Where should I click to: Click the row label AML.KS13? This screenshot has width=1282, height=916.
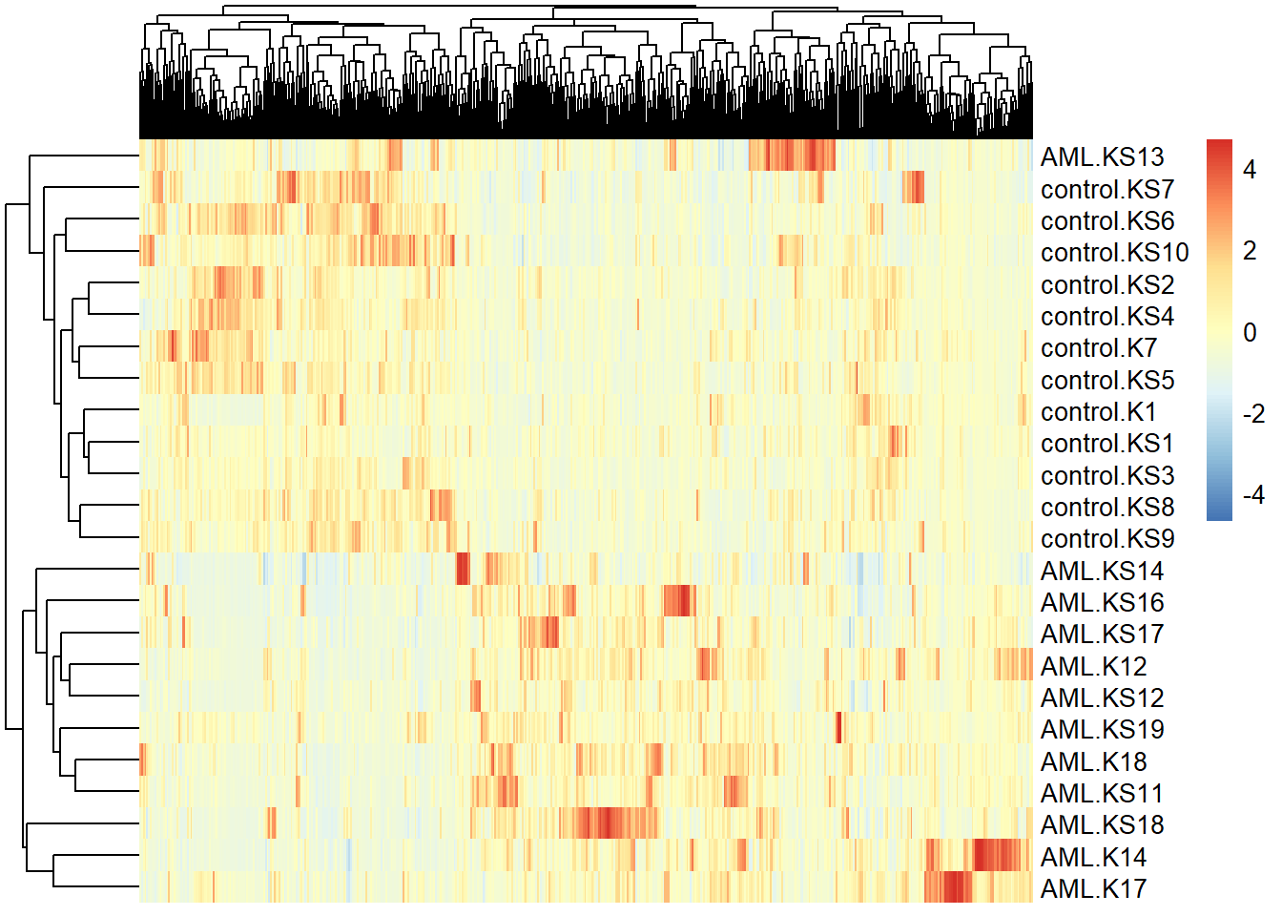1102,156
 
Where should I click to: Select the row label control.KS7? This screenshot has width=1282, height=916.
1106,189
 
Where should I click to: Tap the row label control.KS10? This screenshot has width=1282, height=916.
1114,253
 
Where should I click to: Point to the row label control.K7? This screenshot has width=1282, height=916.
1098,348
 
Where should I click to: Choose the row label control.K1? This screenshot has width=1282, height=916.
1098,412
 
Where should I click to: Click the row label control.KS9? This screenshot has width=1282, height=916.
1106,539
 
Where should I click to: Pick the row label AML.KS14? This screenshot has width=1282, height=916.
1102,572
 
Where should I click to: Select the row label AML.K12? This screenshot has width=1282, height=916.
1093,666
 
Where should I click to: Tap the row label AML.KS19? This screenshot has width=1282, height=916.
1102,730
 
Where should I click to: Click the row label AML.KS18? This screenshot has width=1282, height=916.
1102,825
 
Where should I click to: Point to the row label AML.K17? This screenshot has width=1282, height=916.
1093,889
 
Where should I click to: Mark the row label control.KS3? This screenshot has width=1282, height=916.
1106,476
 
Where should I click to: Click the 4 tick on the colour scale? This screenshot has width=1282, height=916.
1250,171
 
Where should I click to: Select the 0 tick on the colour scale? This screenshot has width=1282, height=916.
1250,333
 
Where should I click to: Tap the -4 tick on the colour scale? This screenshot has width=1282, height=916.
1252,495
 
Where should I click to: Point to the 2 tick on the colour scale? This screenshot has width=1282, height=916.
1250,251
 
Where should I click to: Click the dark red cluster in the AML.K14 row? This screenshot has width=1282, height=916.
997,855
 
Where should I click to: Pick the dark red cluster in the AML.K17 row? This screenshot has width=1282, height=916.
948,887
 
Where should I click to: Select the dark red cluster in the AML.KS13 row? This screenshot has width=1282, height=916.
792,156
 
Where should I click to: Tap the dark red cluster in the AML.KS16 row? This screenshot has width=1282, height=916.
678,601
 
